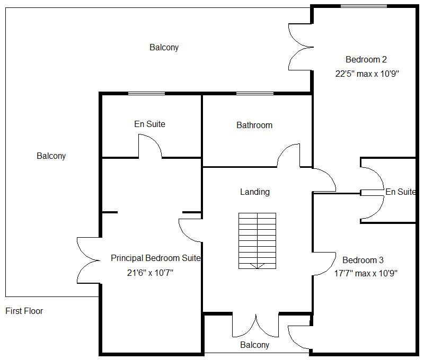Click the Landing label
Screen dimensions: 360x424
point(255,192)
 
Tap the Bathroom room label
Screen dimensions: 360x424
point(254,125)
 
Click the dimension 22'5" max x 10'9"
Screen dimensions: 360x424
point(366,74)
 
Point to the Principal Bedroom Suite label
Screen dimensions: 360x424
point(156,258)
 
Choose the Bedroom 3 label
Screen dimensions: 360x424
point(363,260)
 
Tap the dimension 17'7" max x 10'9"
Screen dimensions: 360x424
point(365,274)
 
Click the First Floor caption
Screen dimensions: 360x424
point(24,311)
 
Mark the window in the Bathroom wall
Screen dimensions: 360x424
point(255,94)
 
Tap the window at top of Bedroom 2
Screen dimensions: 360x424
point(363,6)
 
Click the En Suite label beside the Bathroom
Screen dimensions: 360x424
point(149,124)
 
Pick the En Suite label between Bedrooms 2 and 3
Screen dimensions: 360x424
point(400,192)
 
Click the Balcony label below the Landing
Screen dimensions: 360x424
point(254,345)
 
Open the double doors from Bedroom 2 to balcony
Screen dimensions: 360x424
point(300,47)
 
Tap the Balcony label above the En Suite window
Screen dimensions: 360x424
point(164,48)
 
